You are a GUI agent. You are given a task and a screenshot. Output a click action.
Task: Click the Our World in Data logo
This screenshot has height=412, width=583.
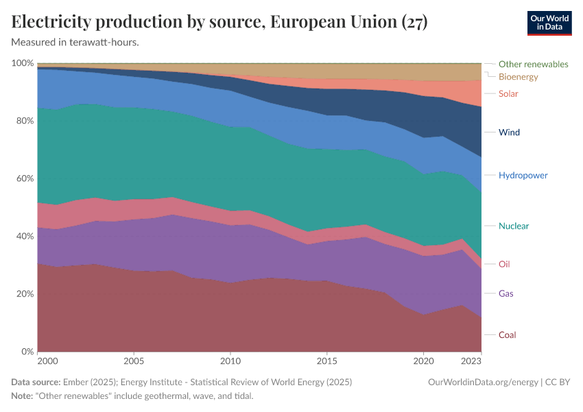(549, 23)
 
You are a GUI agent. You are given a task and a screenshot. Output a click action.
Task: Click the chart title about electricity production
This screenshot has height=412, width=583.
(219, 22)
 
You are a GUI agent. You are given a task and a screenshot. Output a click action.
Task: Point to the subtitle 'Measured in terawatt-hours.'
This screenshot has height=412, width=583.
(75, 42)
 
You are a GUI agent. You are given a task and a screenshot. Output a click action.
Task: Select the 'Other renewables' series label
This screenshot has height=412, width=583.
(533, 64)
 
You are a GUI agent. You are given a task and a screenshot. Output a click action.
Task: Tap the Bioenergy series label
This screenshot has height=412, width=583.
(518, 77)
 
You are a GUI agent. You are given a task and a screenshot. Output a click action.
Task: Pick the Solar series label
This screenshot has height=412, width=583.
(508, 94)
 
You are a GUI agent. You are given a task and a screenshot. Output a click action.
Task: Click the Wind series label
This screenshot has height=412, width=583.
(509, 132)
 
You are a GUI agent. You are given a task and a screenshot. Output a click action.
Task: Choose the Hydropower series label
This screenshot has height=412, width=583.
(523, 175)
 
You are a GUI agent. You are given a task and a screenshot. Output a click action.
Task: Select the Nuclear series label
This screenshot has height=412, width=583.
(514, 226)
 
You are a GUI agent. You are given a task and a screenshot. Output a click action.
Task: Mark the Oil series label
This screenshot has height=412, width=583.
(504, 264)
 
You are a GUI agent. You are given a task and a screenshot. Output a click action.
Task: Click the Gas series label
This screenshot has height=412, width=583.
(506, 294)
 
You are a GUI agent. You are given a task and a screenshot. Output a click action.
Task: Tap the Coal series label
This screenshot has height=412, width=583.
(508, 335)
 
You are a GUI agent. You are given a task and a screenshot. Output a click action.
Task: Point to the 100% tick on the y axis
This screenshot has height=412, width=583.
(23, 63)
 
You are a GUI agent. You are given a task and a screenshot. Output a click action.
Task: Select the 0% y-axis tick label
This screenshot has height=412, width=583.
(26, 352)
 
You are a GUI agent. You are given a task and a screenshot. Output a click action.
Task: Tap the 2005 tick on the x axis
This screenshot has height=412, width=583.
(134, 360)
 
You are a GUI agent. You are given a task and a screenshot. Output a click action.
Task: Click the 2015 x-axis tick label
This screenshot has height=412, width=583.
(327, 360)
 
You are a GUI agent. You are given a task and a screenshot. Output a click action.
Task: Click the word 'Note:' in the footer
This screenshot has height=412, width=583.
(23, 396)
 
